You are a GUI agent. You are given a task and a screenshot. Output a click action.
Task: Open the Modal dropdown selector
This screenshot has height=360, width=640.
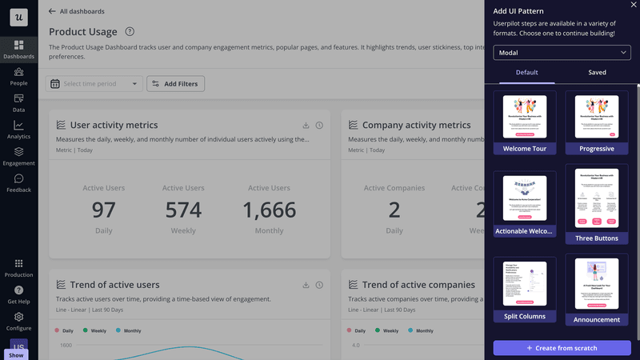[562, 53]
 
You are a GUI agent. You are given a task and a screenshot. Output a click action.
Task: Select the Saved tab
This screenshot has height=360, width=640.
[597, 73]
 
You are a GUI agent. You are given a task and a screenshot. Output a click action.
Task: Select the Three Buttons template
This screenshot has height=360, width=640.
[597, 204]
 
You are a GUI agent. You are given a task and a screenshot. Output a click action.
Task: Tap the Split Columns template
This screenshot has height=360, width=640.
[525, 289]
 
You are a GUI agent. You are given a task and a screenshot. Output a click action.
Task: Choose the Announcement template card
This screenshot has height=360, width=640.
[597, 289]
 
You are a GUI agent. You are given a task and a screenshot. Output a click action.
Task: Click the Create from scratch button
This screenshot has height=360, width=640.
[562, 348]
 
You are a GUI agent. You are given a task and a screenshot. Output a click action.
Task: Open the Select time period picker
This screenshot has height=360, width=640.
[95, 84]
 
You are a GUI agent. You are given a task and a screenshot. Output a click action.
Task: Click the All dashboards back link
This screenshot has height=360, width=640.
[77, 11]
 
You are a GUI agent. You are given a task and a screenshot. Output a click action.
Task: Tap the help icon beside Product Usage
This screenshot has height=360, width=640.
[130, 32]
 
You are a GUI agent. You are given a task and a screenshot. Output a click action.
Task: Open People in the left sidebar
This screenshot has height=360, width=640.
[18, 77]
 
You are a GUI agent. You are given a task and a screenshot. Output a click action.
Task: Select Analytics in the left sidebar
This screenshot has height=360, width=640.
[18, 130]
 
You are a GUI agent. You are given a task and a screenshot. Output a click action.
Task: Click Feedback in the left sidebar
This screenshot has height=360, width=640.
[18, 183]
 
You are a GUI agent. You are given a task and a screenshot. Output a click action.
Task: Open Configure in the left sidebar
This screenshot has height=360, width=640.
[18, 322]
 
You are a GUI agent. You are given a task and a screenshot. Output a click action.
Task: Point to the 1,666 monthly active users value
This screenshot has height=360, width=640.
[269, 210]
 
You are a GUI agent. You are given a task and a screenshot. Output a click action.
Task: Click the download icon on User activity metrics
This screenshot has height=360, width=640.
[306, 126]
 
